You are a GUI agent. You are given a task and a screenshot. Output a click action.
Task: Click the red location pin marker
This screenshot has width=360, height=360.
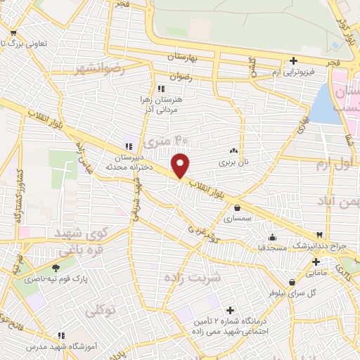coord(181,165)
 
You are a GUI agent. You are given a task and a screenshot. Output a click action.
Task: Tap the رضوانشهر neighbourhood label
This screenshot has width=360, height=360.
coord(98,69)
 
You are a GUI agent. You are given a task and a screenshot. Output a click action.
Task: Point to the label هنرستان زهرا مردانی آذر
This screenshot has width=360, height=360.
coord(162,106)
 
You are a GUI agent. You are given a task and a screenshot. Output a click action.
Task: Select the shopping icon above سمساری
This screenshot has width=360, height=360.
coord(238,207)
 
